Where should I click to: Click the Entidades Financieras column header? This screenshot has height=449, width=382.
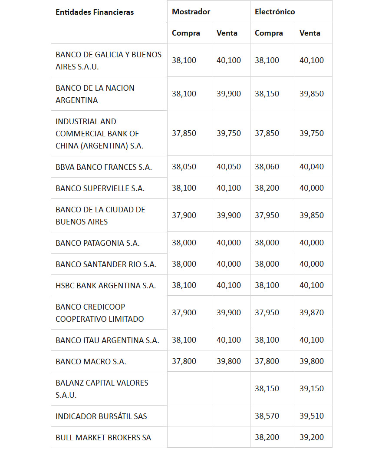[x=95, y=12]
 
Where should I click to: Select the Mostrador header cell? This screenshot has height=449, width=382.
[x=191, y=12]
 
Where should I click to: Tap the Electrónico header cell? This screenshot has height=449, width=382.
[x=275, y=12]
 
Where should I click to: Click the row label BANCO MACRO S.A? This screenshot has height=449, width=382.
[x=91, y=361]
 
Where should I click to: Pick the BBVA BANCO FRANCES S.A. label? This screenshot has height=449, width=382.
[x=104, y=167]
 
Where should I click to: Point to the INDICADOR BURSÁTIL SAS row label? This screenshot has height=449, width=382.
[x=101, y=416]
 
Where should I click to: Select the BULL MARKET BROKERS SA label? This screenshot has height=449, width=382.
[x=103, y=437]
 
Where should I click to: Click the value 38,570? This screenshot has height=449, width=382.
[x=267, y=416]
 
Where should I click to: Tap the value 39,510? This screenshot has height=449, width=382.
[x=312, y=416]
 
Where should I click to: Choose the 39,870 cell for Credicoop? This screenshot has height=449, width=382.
[x=312, y=313]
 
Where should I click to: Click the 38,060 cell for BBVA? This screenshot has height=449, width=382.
[x=267, y=167]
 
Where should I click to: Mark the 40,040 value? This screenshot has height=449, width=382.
[x=312, y=167]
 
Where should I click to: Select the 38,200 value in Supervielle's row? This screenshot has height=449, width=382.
[x=267, y=188]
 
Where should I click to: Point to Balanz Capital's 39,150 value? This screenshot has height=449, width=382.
[x=312, y=389]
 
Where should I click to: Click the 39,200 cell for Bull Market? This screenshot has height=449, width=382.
[x=312, y=437]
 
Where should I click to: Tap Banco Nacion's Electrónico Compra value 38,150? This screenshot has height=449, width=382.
[x=267, y=94]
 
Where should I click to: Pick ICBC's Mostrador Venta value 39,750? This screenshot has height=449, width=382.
[x=229, y=133]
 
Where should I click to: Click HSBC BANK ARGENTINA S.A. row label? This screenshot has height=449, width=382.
[x=105, y=286]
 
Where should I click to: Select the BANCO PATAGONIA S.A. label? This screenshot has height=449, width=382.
[x=98, y=243]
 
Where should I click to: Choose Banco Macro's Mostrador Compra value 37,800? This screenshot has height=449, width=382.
[x=184, y=361]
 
